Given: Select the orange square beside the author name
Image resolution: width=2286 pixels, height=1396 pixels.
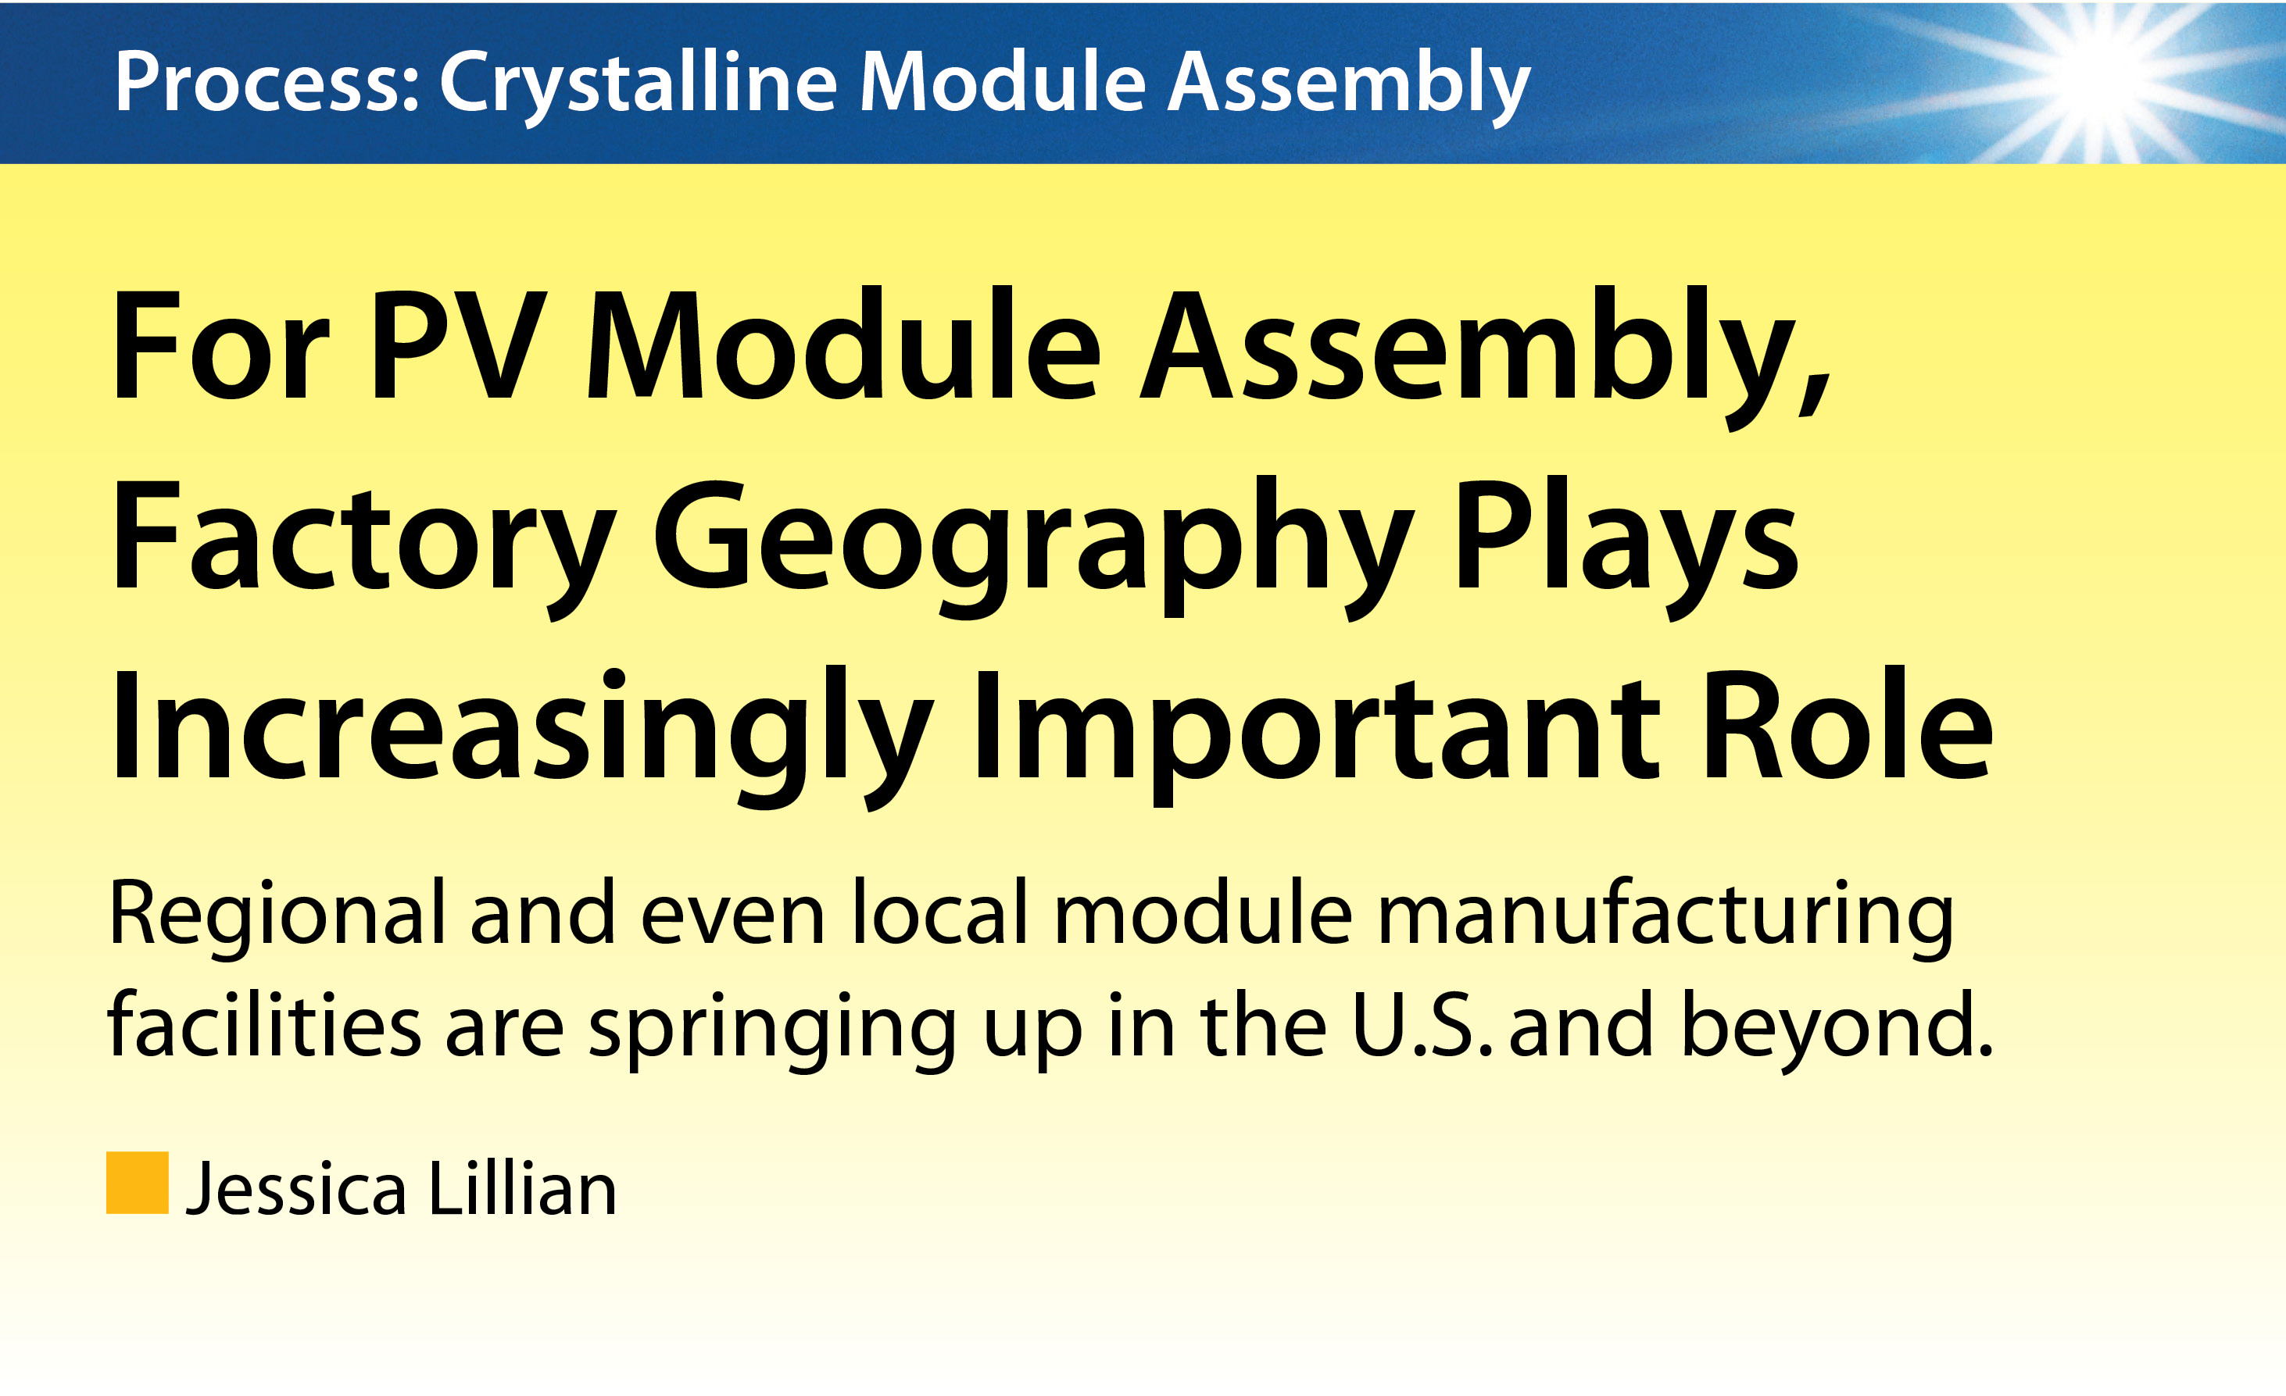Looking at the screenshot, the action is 138,1183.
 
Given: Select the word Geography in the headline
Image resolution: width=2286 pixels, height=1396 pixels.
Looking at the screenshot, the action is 1032,548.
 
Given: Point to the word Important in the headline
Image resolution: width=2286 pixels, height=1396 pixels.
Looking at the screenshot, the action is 1315,737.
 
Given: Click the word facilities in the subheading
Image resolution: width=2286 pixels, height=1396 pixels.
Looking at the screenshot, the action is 264,1024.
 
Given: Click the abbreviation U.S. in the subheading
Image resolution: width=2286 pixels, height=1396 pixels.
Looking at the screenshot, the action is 1422,1025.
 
